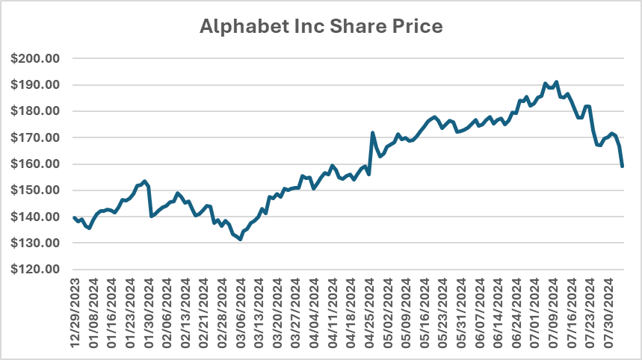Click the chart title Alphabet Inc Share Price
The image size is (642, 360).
coord(321,27)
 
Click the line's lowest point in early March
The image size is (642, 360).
coord(240,239)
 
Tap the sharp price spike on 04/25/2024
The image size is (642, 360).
coord(372,133)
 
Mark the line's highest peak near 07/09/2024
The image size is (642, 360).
coord(557,82)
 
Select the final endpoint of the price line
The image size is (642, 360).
coord(623,166)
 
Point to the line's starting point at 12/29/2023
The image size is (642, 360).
coord(74,217)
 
